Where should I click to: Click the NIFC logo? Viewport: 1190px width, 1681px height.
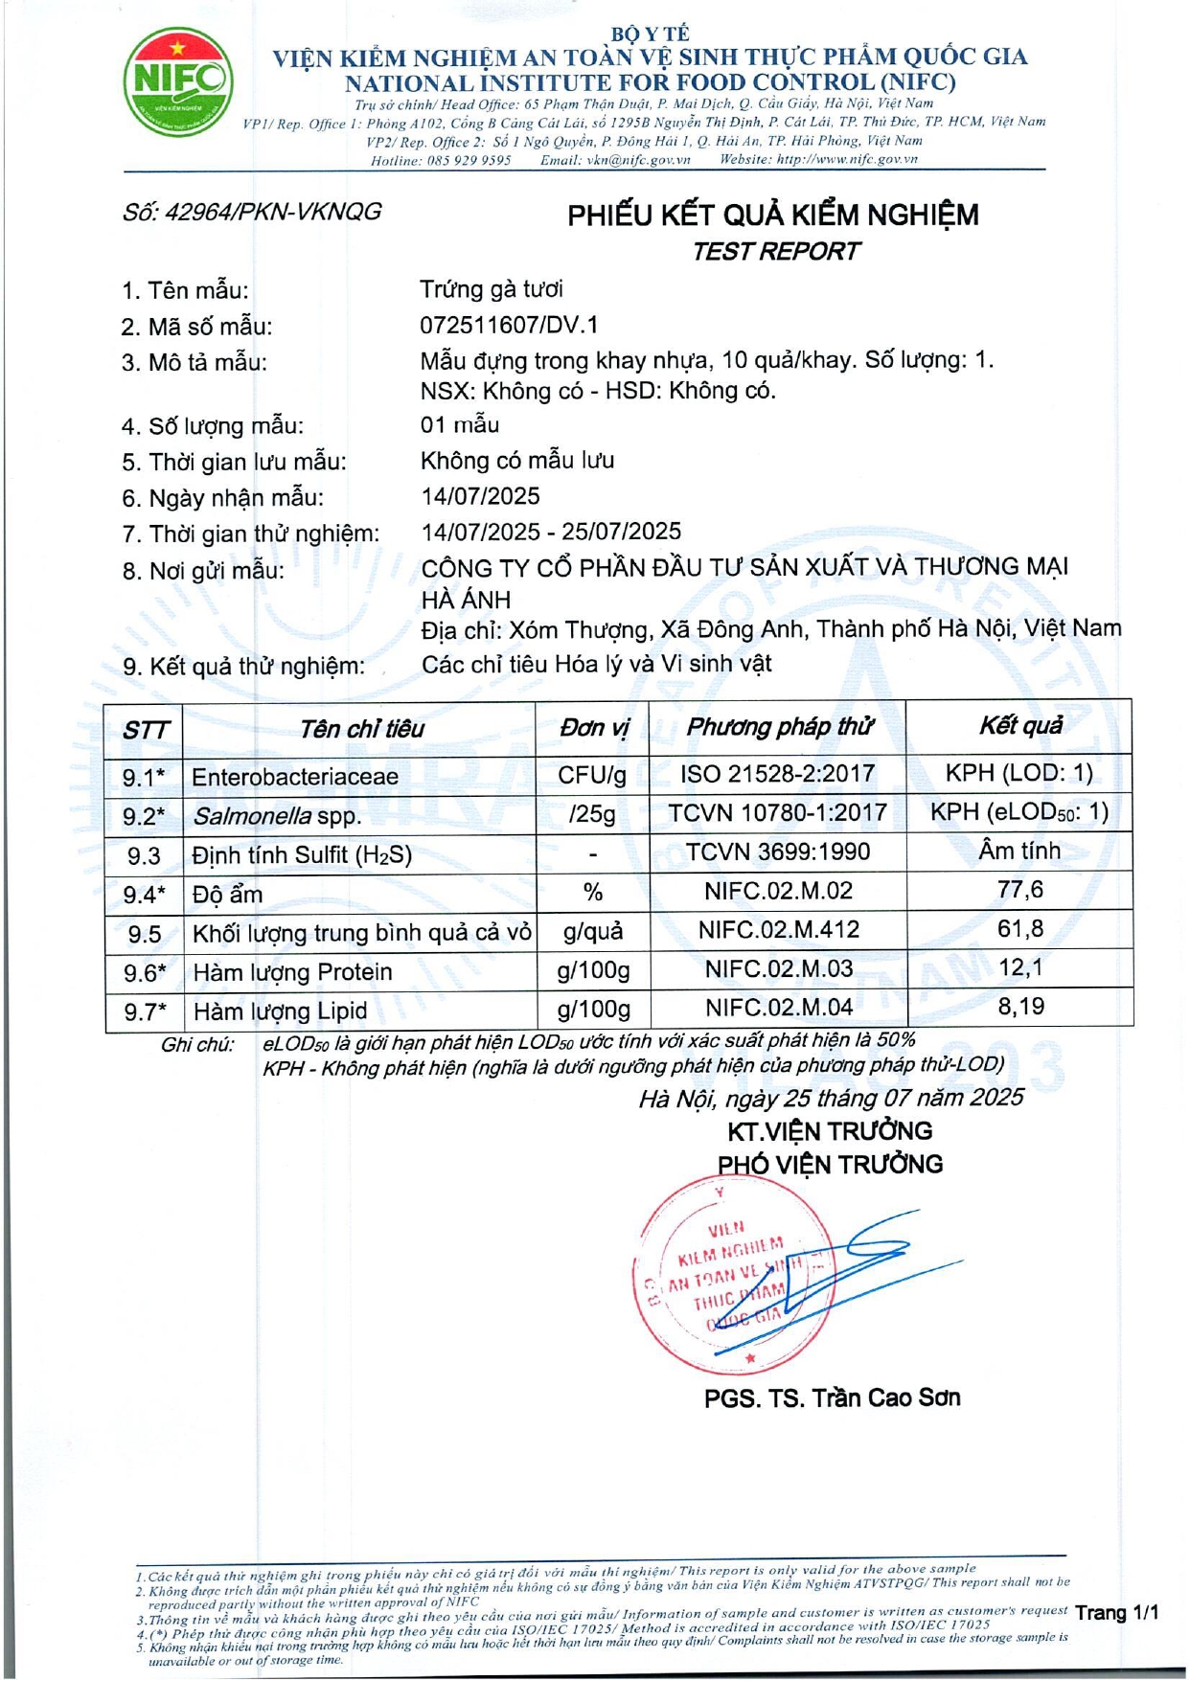point(178,81)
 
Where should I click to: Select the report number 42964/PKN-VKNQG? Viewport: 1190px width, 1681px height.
point(252,212)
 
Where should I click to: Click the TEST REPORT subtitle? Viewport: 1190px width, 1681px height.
point(775,252)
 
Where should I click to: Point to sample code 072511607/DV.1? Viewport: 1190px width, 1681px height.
point(509,326)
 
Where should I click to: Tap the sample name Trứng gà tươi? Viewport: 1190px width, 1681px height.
point(492,289)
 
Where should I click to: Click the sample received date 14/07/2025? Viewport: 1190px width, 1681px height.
point(481,496)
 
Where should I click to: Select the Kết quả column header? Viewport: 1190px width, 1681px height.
point(1020,726)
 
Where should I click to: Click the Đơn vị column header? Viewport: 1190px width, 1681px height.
point(594,729)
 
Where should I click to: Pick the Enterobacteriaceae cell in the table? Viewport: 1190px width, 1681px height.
point(295,777)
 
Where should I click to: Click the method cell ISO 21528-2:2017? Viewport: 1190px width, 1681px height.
point(778,774)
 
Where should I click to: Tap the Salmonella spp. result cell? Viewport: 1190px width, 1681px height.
point(1019,813)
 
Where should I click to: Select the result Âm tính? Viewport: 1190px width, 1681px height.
point(1019,851)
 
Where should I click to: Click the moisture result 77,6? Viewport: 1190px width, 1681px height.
point(1020,890)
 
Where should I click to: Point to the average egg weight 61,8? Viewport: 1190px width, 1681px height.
point(1020,929)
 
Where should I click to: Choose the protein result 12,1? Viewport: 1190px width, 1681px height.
point(1020,967)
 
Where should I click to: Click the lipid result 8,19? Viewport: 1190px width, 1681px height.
point(1020,1007)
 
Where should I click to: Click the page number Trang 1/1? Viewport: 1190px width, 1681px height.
point(1116,1613)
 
